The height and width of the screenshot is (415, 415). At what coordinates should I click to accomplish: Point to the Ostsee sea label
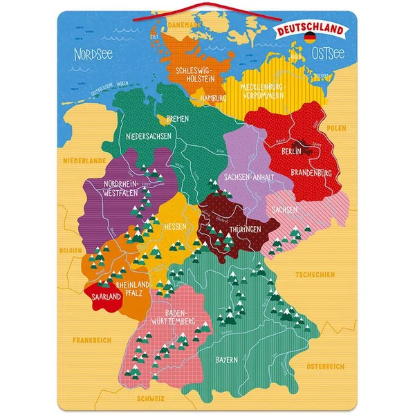click(x=326, y=53)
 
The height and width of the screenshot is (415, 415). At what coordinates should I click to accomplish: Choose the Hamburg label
click(x=212, y=99)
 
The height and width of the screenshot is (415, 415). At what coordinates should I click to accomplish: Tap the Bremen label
click(x=177, y=119)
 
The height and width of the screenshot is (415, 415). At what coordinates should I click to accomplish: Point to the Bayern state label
click(x=226, y=360)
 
